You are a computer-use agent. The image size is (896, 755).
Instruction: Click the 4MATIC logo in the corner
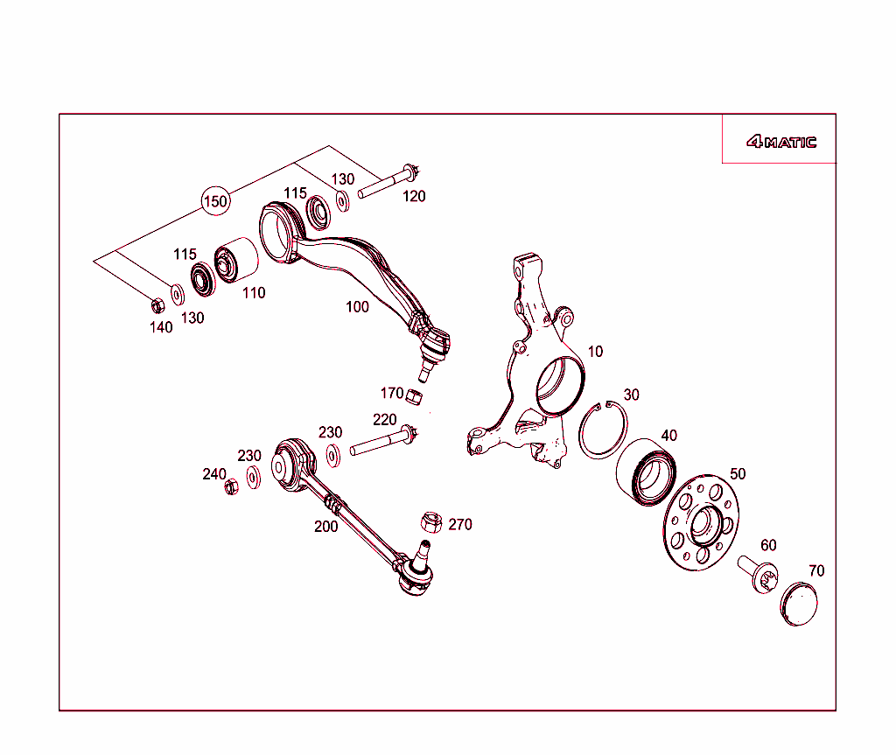pos(780,142)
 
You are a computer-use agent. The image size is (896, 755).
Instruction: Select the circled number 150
pos(215,201)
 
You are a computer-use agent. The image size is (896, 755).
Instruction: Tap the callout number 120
pos(414,196)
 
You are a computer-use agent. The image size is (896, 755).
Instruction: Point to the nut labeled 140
pos(157,305)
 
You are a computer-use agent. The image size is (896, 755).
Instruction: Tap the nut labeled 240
pos(232,487)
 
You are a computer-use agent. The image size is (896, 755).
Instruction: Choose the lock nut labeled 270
pos(430,521)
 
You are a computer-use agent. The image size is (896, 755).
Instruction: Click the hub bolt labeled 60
pos(758,573)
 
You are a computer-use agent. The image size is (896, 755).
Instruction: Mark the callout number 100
pos(357,307)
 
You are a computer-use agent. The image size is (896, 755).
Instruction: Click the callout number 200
pos(326,527)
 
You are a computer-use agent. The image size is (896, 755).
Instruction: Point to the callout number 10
pos(595,352)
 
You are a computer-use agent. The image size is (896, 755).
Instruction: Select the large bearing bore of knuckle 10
pos(558,385)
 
